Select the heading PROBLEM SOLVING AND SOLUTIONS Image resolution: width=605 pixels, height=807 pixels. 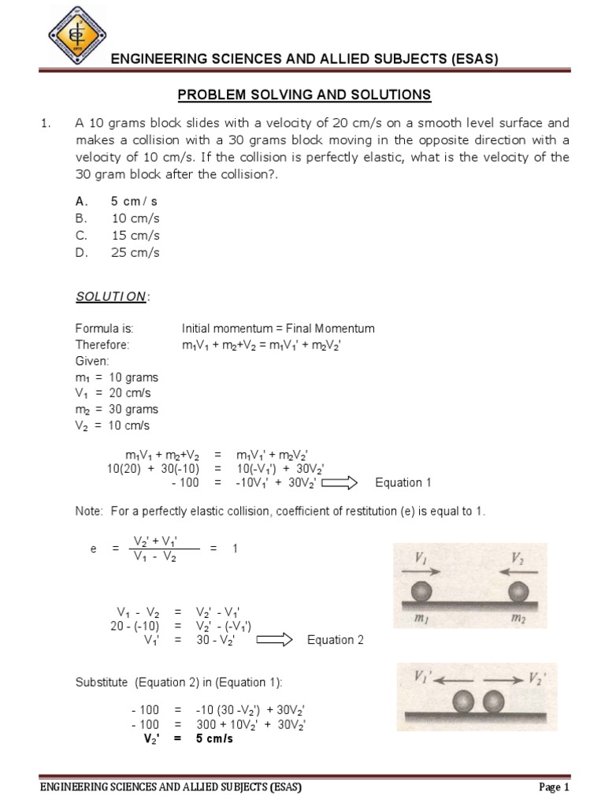point(304,95)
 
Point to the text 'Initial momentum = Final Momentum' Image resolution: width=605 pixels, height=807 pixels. point(278,329)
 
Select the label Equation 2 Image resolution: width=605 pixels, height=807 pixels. point(335,640)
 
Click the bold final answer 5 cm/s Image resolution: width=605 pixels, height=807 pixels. point(214,739)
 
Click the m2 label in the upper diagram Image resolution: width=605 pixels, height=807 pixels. point(518,620)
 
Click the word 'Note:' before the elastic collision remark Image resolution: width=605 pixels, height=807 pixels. point(89,511)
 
